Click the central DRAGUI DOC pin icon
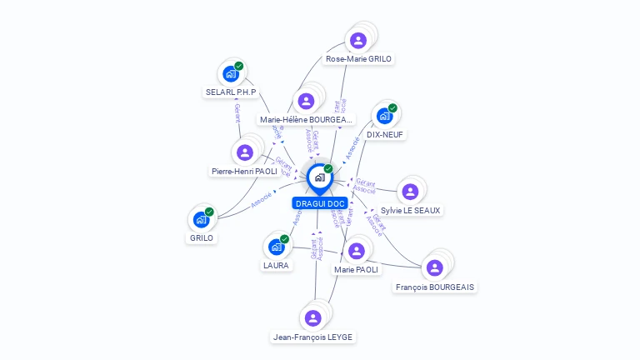pos(318,177)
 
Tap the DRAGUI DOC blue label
pos(319,203)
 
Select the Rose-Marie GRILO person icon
pos(358,40)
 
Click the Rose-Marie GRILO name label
pos(359,59)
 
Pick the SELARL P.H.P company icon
pos(231,73)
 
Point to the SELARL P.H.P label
pos(231,92)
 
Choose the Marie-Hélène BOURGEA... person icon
pos(307,101)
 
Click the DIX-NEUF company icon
pos(384,116)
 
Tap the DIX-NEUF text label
pos(385,134)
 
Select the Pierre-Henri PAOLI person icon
pos(245,152)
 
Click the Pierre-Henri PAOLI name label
pos(244,171)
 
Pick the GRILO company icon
pos(201,219)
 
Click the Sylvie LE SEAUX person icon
pos(409,192)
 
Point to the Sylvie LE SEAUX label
pos(410,211)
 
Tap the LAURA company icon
pos(276,247)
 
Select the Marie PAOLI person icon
pos(356,251)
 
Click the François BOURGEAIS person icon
pos(434,267)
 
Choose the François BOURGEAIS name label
pos(435,287)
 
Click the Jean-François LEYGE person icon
pos(312,318)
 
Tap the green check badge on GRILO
pos(209,212)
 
